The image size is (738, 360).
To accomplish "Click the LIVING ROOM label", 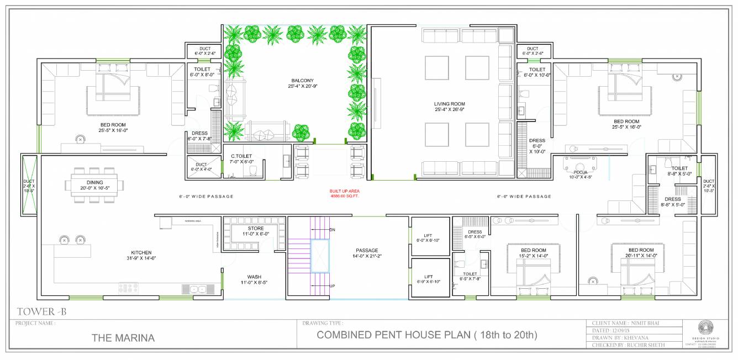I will [449, 104].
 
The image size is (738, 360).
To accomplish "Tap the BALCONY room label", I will [303, 81].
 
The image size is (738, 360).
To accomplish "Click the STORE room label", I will [255, 228].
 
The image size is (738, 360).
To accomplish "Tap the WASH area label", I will [254, 277].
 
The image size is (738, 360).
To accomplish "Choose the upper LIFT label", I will [428, 235].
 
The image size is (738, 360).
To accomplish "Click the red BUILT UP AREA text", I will [345, 191].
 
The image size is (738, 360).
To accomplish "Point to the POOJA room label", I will [579, 172].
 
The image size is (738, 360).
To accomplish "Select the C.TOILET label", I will [241, 156].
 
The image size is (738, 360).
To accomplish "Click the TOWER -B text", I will [41, 312].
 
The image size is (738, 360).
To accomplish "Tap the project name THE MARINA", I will [123, 337].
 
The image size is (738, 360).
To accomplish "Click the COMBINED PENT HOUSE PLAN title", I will [426, 335].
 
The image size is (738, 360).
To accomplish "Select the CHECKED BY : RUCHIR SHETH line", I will [628, 345].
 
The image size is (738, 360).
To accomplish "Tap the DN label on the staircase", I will [332, 229].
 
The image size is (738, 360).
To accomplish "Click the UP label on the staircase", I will [331, 287].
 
